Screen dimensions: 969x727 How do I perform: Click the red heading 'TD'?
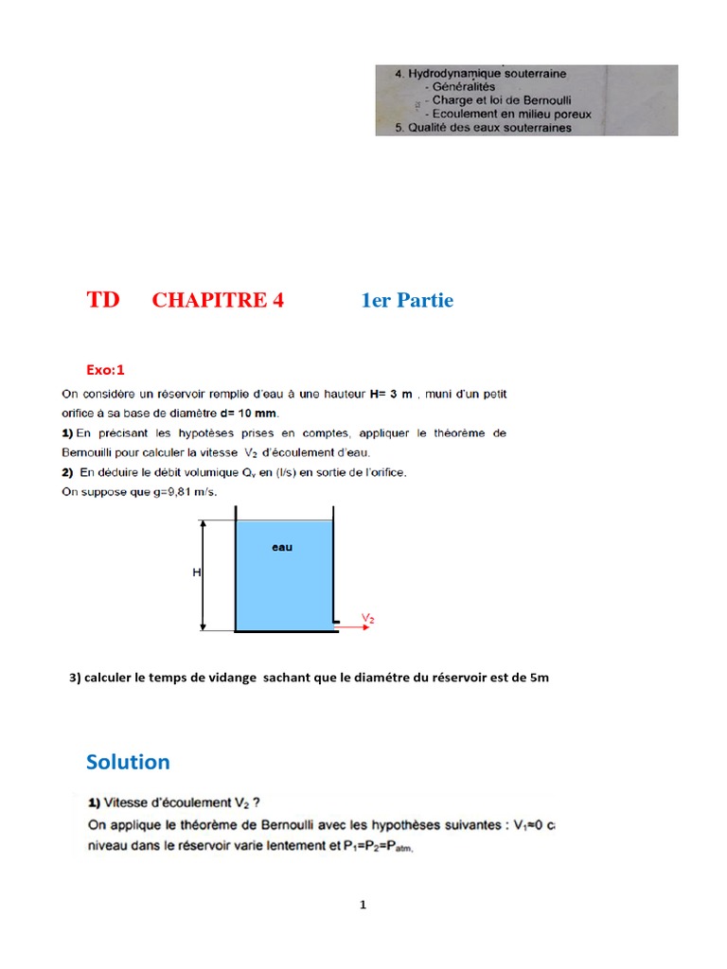[x=103, y=300]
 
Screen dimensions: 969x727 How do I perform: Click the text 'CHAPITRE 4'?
[x=218, y=301]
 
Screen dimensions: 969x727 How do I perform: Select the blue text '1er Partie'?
[x=407, y=301]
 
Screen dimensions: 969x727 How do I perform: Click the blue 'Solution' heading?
[x=128, y=762]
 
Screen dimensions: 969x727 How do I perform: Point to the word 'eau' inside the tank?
[x=282, y=548]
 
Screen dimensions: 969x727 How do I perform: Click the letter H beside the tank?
[x=197, y=573]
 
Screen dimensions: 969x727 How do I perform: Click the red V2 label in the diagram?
[x=369, y=616]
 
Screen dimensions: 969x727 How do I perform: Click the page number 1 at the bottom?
[x=363, y=905]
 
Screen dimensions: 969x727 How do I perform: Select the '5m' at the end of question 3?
[x=539, y=678]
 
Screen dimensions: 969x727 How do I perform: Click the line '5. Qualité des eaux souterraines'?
[x=483, y=128]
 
